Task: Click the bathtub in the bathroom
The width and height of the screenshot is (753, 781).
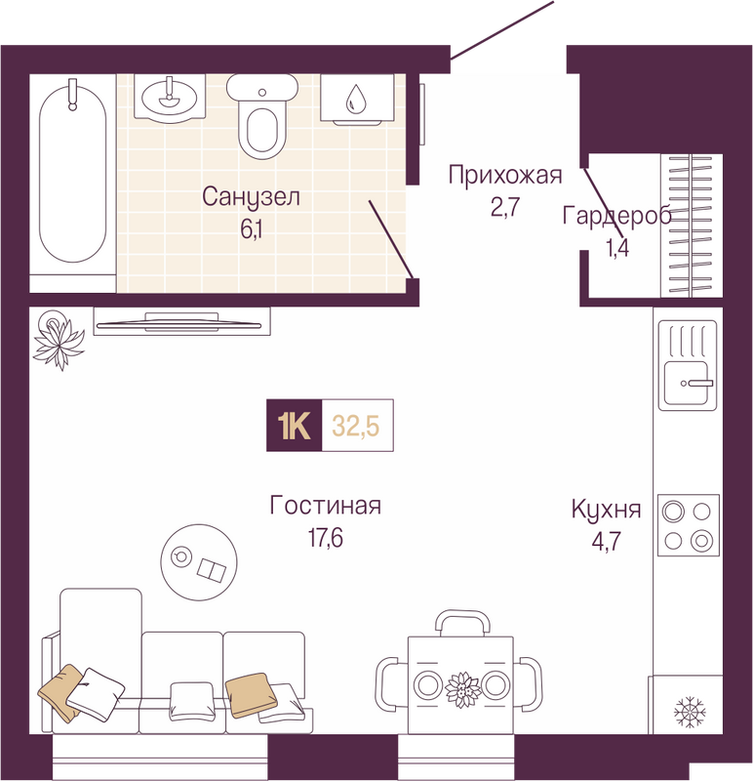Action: (x=72, y=174)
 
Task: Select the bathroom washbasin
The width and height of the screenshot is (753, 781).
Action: (x=170, y=97)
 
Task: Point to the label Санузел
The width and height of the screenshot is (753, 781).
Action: (x=251, y=197)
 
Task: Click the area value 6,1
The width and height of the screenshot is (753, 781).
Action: (x=252, y=229)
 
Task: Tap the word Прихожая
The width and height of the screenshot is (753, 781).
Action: (x=505, y=176)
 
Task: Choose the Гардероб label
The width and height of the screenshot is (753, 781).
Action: (x=616, y=217)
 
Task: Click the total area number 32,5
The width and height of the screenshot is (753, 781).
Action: (x=356, y=427)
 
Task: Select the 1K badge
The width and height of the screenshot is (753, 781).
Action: (x=295, y=426)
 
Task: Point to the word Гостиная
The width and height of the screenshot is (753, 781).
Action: (x=326, y=505)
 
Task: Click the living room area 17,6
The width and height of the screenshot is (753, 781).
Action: (x=326, y=539)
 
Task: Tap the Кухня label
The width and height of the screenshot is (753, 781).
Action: (x=606, y=510)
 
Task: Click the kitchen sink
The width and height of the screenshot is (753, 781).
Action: (x=688, y=365)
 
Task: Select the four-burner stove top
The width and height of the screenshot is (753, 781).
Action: (x=689, y=525)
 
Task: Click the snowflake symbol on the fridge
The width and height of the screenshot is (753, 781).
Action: (x=690, y=711)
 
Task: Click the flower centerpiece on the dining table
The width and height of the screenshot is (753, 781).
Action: (x=463, y=689)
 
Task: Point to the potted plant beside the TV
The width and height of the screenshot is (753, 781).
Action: (x=58, y=339)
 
